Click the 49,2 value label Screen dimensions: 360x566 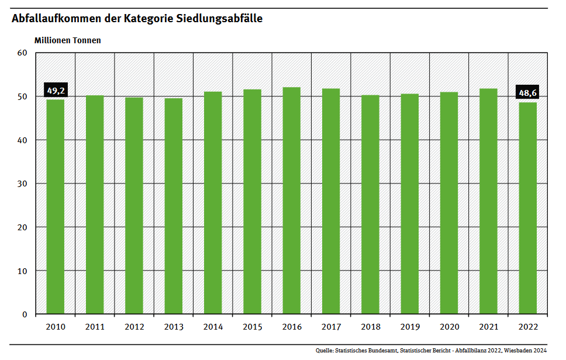click(x=56, y=91)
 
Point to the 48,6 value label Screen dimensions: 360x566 click(x=527, y=92)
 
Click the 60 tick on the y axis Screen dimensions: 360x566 click(x=23, y=53)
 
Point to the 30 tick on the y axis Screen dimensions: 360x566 click(x=23, y=184)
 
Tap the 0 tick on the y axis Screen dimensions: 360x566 click(x=25, y=314)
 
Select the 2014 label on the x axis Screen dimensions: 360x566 click(x=213, y=327)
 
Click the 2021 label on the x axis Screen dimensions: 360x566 click(x=488, y=327)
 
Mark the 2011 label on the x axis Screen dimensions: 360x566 click(x=95, y=327)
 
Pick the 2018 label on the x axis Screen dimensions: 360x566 click(x=370, y=327)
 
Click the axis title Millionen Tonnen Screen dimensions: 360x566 click(x=68, y=40)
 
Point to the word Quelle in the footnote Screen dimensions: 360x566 click(x=325, y=351)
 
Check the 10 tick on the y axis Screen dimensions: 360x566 click(x=23, y=271)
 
